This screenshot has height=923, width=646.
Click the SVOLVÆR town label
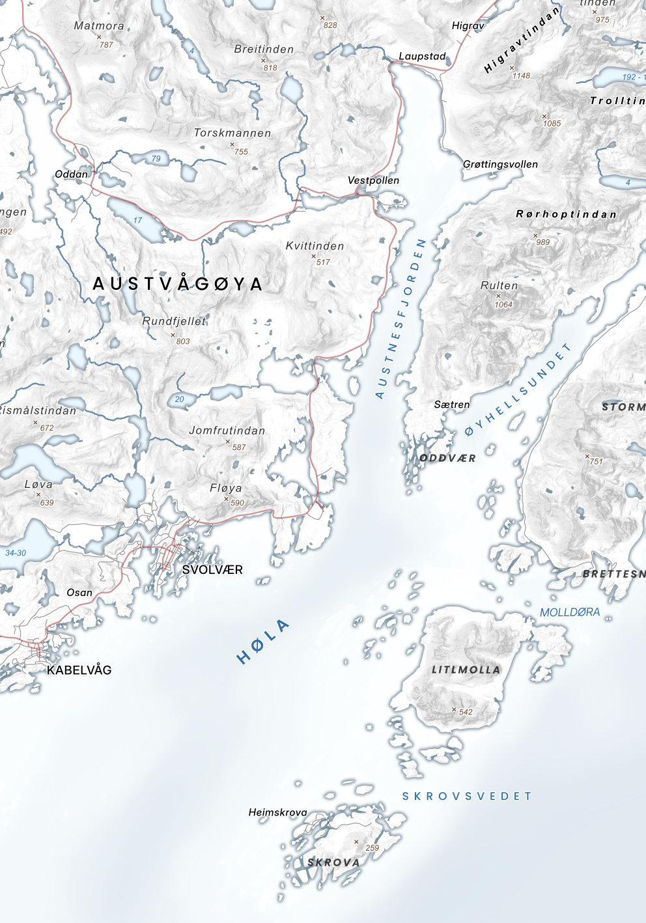point(212,570)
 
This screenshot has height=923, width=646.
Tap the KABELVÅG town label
point(79,670)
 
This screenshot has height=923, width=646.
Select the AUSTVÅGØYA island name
point(178,284)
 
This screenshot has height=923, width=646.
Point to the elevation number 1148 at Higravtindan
point(521,76)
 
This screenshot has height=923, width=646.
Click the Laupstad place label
point(422,57)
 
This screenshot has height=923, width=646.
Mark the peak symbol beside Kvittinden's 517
point(313,257)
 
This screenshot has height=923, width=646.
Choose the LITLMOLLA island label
point(466,670)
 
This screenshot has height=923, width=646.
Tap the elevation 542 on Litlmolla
point(466,712)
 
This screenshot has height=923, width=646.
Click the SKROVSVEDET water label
point(467,796)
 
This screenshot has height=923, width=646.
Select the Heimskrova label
point(277,812)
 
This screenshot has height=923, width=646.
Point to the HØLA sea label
point(263,642)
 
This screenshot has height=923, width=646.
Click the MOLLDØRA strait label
point(570,612)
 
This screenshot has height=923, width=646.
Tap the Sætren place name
point(452,405)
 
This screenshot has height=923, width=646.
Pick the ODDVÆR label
point(447,458)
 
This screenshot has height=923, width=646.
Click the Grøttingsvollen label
point(500,164)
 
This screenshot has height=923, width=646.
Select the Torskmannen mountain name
point(232,133)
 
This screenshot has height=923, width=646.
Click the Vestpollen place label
point(373,180)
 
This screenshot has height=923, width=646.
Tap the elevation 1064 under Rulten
point(503,305)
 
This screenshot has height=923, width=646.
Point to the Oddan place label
point(71,174)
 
